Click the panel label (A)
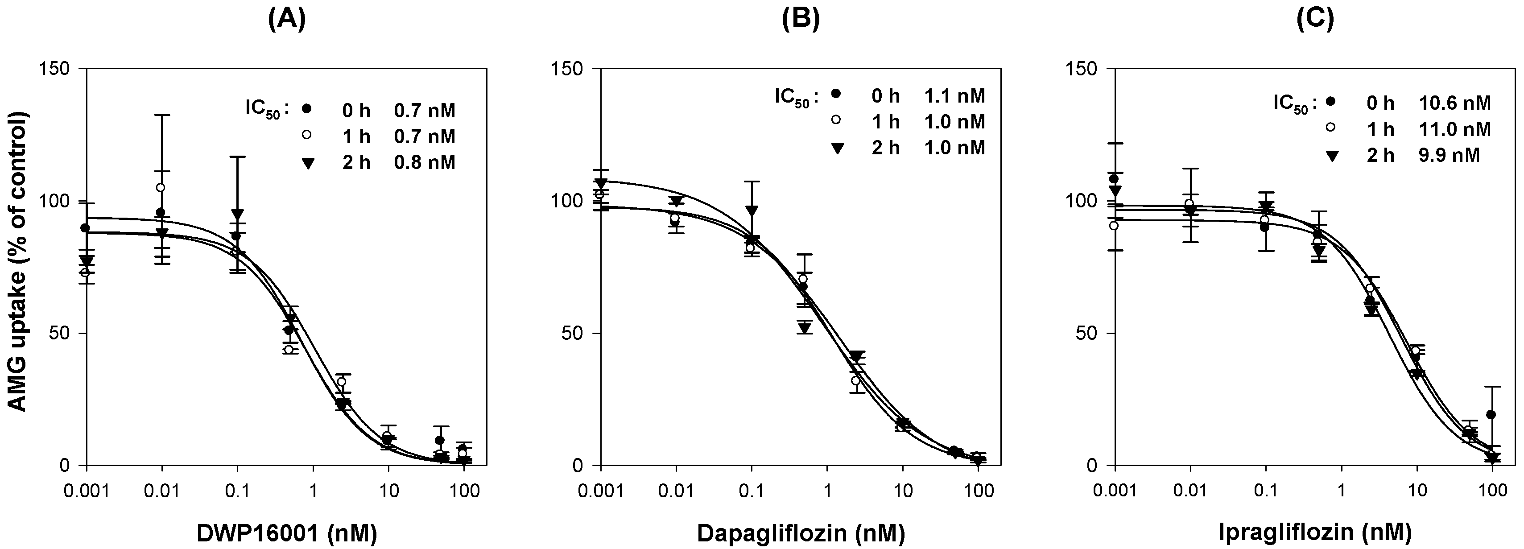click(x=287, y=20)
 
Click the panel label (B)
click(x=801, y=20)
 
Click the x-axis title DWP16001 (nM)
click(x=287, y=532)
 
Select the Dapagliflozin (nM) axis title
click(x=801, y=532)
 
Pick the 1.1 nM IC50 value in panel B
click(x=955, y=95)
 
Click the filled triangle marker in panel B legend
click(x=836, y=149)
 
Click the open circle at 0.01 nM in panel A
click(x=160, y=188)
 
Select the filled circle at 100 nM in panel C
click(x=1491, y=415)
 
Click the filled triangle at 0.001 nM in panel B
click(x=602, y=183)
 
